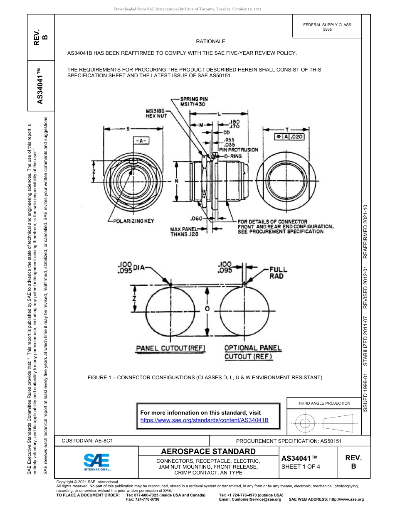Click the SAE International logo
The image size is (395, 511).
(96, 462)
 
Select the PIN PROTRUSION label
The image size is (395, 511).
(238, 150)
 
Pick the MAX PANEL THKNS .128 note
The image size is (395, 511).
(184, 231)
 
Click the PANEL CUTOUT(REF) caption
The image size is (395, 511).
(171, 348)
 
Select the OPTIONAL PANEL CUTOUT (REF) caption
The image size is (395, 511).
(253, 352)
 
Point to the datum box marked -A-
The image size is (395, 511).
(141, 141)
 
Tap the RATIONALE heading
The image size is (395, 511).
(210, 42)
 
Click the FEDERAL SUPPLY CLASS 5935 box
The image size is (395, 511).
(327, 27)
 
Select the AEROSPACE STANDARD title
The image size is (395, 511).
(208, 451)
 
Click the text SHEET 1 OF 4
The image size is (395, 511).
(301, 467)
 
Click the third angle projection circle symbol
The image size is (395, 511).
(305, 424)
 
